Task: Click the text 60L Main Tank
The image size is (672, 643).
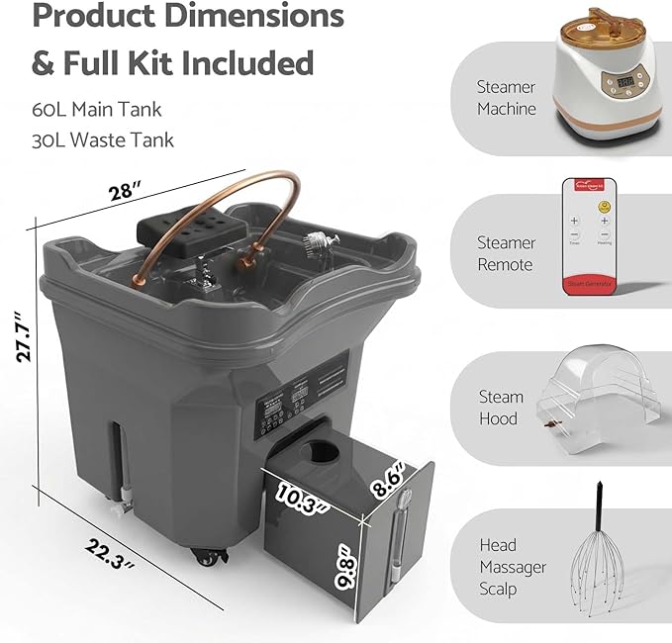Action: (x=98, y=110)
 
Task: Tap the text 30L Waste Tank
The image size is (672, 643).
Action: (x=103, y=139)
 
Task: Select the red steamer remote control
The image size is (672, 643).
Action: (x=589, y=235)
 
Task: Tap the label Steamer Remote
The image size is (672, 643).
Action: (x=506, y=253)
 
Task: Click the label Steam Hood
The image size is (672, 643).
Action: (x=501, y=408)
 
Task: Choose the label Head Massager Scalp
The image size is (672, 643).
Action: (x=513, y=568)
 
